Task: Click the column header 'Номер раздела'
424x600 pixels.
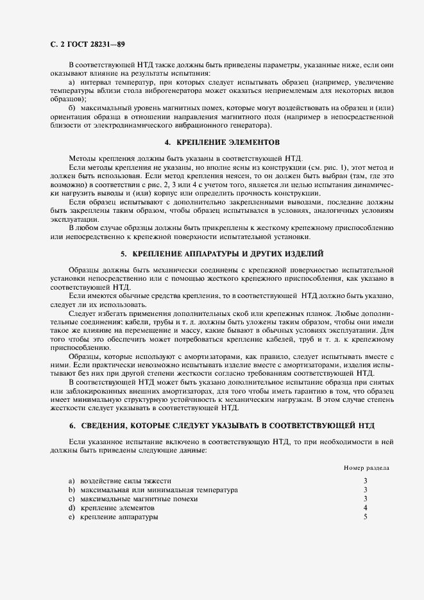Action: point(366,467)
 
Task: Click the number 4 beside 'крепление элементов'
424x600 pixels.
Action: point(365,508)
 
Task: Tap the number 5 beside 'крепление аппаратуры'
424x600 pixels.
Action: point(365,517)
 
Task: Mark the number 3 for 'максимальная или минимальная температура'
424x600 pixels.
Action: point(365,489)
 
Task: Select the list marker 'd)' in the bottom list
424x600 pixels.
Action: point(72,508)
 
